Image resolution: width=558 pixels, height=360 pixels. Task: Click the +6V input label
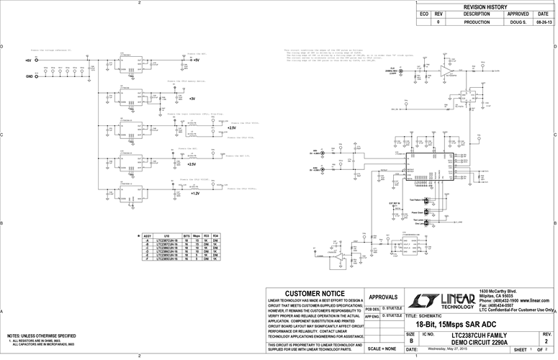click(x=28, y=61)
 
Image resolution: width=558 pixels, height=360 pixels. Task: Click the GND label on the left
click(x=30, y=76)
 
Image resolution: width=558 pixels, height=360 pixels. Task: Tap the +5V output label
click(x=196, y=61)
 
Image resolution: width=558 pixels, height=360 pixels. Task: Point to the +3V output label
click(x=192, y=98)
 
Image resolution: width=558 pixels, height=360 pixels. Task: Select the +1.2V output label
click(x=195, y=194)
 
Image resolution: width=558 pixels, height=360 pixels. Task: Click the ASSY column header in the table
click(x=147, y=235)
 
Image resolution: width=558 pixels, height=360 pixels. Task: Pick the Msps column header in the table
click(x=196, y=235)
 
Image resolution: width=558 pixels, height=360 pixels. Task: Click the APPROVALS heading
click(x=382, y=297)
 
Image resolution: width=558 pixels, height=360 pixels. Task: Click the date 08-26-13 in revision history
click(x=544, y=22)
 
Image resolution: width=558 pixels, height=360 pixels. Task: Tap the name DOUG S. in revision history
click(x=518, y=22)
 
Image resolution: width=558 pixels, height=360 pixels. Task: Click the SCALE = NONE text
click(x=382, y=348)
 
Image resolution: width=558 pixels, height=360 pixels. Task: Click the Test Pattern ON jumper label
click(x=418, y=199)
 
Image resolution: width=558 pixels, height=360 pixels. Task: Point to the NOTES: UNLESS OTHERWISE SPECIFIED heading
click(x=41, y=336)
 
